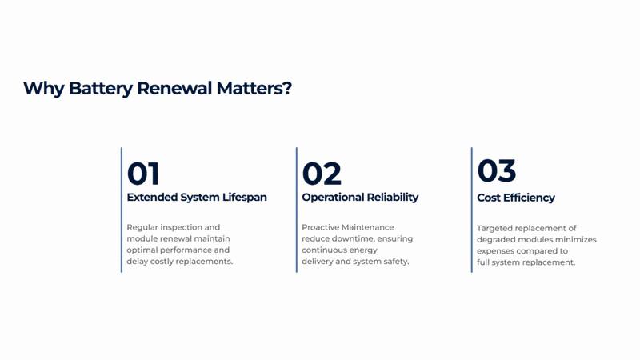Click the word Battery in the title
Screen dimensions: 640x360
tap(101, 89)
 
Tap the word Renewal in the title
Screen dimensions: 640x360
tap(174, 88)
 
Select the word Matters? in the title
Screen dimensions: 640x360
tap(254, 88)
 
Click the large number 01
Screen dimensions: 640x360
tap(143, 174)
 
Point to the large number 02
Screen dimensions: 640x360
tap(322, 174)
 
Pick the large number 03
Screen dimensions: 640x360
tap(497, 170)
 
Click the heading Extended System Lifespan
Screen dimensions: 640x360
tap(197, 197)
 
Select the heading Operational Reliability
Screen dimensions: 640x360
tap(360, 197)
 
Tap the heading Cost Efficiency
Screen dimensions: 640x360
tap(516, 198)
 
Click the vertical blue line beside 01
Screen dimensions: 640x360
tap(122, 210)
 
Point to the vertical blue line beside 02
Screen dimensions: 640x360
tap(296, 210)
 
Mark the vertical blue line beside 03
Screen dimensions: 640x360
tap(471, 210)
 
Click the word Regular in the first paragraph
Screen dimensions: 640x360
tap(142, 227)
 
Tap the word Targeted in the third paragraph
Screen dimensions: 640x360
tap(493, 228)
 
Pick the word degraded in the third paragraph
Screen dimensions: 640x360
tap(495, 239)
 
